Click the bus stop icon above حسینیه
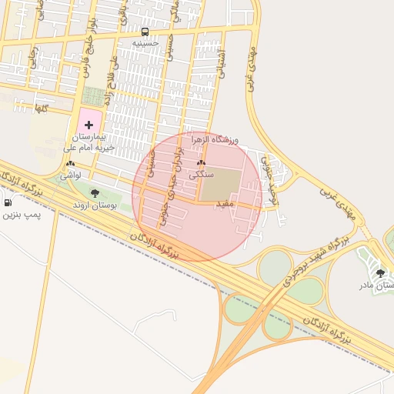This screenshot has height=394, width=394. point(145,32)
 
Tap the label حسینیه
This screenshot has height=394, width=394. point(145,43)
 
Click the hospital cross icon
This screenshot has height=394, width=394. point(89,124)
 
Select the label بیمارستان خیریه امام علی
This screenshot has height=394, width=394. point(89,141)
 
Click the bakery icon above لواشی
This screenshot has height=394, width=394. point(71,164)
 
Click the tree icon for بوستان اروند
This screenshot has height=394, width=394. point(95,193)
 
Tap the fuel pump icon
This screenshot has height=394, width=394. point(8,202)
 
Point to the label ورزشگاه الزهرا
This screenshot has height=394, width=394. point(236,139)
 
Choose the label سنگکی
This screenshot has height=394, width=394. point(202,175)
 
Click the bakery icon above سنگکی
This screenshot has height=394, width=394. point(202,163)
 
